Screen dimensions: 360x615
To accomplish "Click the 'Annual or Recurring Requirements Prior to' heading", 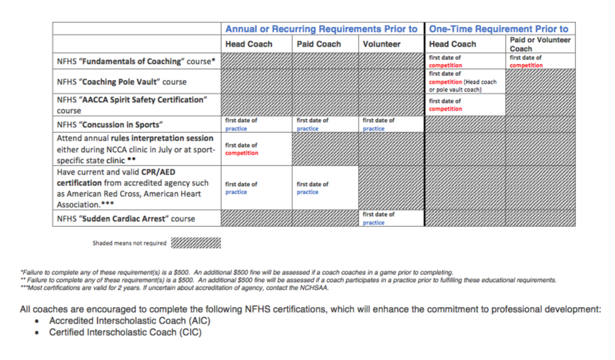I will coord(321,29).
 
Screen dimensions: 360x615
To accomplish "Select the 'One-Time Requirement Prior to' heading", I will coord(499,29).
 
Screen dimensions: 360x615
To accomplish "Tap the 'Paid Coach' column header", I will coord(319,44).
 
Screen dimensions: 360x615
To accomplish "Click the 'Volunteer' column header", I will coord(382,44).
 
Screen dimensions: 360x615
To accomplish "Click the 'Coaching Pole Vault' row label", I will coord(121,82).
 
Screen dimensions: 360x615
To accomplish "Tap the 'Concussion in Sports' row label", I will coord(109,125).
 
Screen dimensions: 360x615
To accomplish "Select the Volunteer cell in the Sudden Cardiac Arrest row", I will coord(391,218).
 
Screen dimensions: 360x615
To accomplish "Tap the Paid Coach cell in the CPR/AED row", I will coord(325,188).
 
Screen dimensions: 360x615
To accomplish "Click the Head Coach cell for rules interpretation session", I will coord(256,149).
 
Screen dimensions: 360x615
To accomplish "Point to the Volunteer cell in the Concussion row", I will coord(391,124).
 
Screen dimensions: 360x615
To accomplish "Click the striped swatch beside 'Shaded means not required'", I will coord(197,243).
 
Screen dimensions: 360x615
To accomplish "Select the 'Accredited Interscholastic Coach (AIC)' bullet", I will coord(129,320).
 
